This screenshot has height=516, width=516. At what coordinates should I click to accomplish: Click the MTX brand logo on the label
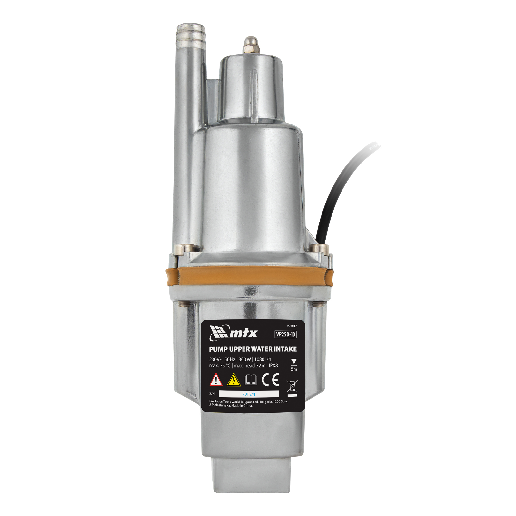tap(233, 333)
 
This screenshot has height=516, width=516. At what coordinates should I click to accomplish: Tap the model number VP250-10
tap(285, 334)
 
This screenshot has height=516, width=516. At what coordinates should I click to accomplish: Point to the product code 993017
tap(292, 326)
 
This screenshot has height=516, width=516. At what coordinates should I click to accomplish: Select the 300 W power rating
tap(245, 359)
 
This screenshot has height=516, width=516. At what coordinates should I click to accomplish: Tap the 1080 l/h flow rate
tap(263, 359)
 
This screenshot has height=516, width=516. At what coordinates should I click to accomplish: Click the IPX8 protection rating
tap(273, 366)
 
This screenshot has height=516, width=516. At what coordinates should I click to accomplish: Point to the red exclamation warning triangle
tap(216, 380)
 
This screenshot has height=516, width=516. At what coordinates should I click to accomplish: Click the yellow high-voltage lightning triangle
tap(234, 380)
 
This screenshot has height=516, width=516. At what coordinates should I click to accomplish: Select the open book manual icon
tap(251, 380)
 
